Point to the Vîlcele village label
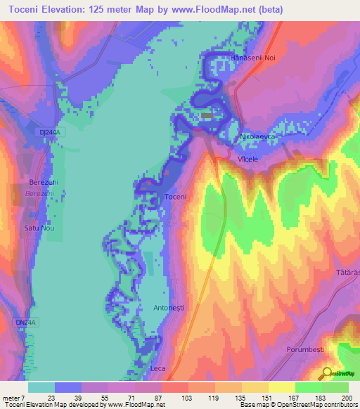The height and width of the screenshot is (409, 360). coord(247,160)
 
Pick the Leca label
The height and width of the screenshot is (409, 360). coord(157,368)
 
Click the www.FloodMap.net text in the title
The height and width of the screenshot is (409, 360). coord(210,9)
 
